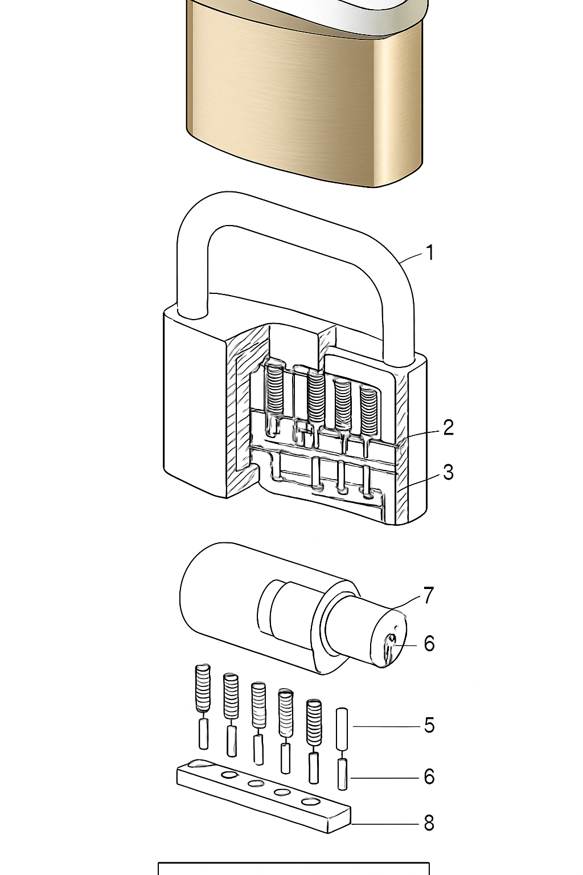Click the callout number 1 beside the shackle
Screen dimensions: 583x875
pos(430,253)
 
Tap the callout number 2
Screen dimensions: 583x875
pos(448,427)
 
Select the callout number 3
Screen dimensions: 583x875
pos(448,472)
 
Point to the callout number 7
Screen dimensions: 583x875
pos(429,595)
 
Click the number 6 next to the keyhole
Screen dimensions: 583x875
pos(429,643)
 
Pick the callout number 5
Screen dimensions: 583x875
pos(429,725)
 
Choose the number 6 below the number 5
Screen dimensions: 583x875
pos(429,776)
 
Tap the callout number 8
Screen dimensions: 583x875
pos(429,823)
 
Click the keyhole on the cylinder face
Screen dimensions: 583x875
pos(389,649)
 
